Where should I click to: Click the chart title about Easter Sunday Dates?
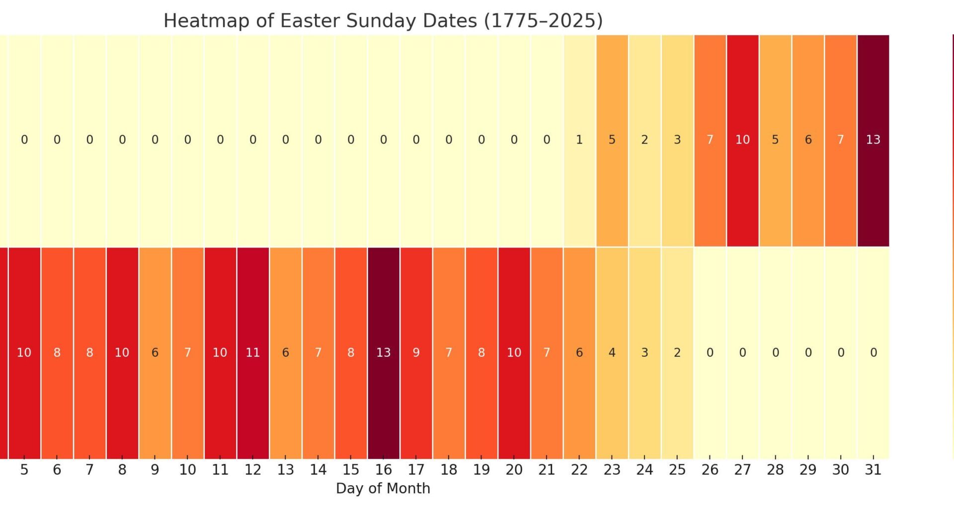pos(383,21)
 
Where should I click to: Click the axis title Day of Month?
pos(383,488)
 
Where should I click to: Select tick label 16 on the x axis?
pos(383,470)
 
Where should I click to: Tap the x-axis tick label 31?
pos(873,470)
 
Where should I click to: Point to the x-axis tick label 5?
pos(24,470)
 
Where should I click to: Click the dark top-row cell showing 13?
pos(873,140)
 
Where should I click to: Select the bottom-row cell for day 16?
pos(383,352)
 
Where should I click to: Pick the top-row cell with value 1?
pos(579,140)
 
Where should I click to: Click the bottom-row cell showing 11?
pos(253,352)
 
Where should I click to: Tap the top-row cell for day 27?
pos(742,140)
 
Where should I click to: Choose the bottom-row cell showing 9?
pos(416,352)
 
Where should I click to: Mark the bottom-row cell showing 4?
pos(612,352)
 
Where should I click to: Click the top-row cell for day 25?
pos(677,140)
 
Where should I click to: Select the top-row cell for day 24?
pos(644,140)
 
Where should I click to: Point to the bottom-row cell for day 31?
pos(873,352)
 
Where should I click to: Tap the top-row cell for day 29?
pos(808,140)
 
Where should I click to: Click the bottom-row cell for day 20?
pos(514,352)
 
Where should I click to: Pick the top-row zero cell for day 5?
pos(24,140)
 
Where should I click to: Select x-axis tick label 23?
pos(612,470)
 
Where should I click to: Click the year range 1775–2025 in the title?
pos(543,21)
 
